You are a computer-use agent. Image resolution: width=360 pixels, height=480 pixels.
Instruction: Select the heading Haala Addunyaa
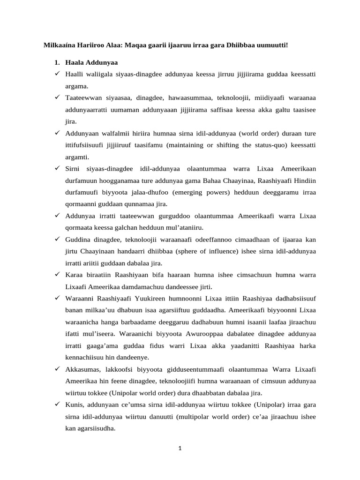[x=91, y=62]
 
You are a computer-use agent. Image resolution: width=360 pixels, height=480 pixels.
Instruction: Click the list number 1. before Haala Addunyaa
[x=57, y=62]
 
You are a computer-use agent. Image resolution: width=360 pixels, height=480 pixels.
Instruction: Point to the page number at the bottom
[x=180, y=448]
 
